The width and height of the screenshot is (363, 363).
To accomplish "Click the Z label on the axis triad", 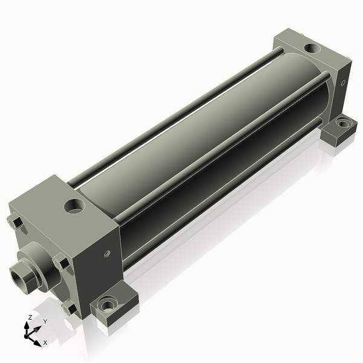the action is coord(30,318).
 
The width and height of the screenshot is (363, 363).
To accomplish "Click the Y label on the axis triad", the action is coord(45,321).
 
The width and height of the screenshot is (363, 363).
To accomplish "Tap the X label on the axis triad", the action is coord(45,342).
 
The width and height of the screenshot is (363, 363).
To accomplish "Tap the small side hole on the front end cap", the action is coord(106,253).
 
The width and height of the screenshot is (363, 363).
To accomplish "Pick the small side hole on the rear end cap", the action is coord(343,83).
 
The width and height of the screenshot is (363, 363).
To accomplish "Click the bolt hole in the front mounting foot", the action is coord(107,306).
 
